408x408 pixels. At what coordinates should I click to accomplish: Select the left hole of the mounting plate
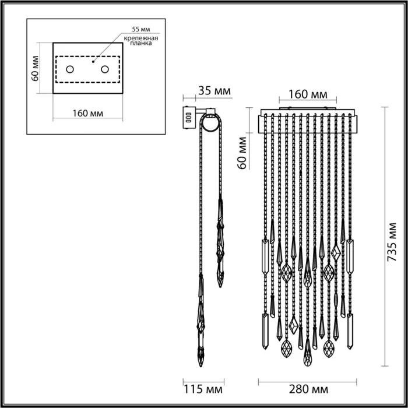(x=69, y=70)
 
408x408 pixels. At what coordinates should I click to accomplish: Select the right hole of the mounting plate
(x=105, y=70)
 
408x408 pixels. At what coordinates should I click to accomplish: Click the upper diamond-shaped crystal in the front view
(x=336, y=253)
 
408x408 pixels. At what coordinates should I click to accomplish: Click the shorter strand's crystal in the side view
(x=221, y=245)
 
